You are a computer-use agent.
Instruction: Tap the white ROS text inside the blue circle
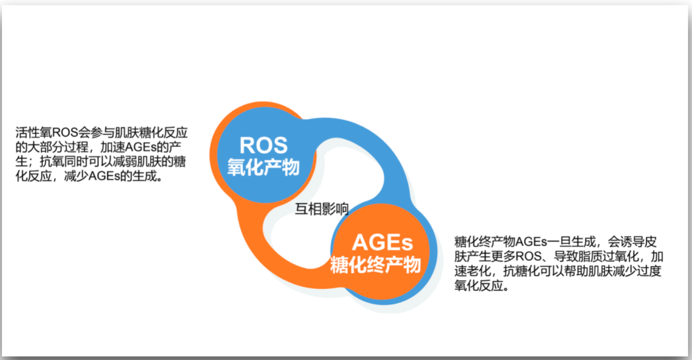coord(263,145)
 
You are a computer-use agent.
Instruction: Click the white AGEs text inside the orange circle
coord(382,243)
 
